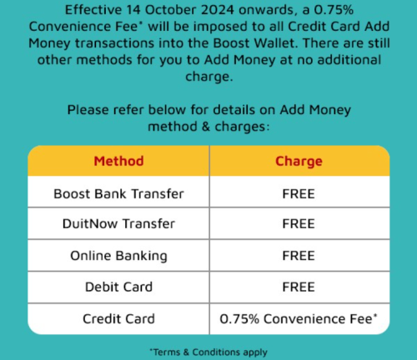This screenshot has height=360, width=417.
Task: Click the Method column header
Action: tap(118, 161)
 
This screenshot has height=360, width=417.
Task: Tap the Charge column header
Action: tap(299, 162)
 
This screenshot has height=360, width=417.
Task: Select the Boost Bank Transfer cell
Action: tap(118, 194)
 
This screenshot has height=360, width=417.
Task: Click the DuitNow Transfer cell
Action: tap(118, 223)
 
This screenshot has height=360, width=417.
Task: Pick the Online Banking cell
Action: tap(118, 256)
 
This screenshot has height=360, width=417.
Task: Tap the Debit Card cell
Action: tap(118, 287)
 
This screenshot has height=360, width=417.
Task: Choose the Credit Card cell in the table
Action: tap(118, 319)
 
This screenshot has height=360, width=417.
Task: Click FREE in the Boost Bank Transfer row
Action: tap(299, 194)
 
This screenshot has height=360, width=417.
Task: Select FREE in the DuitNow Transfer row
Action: tap(299, 223)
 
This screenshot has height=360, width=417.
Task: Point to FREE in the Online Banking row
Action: tap(299, 256)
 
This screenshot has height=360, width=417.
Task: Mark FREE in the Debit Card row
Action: tap(299, 287)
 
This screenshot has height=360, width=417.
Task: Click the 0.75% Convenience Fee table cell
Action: tap(299, 319)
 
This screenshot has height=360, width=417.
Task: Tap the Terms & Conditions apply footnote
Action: tap(208, 352)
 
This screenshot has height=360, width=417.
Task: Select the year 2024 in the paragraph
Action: tap(218, 10)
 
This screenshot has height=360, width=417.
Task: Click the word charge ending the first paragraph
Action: tap(208, 77)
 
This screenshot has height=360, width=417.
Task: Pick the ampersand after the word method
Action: tap(206, 127)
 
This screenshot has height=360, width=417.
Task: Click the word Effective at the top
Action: tap(93, 10)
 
